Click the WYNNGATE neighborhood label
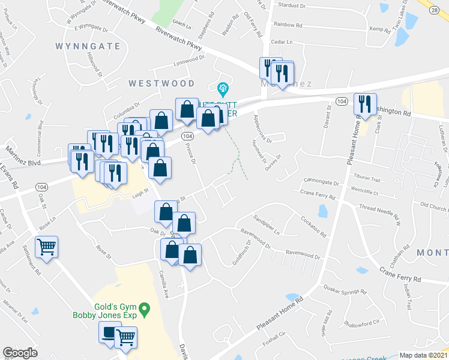point(84,46)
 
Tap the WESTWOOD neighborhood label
point(161,83)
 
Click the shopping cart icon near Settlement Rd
point(47,247)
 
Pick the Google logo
point(20,353)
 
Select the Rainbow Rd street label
point(288,25)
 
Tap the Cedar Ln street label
point(282,42)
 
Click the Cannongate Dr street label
point(321,181)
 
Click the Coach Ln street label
point(181,26)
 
